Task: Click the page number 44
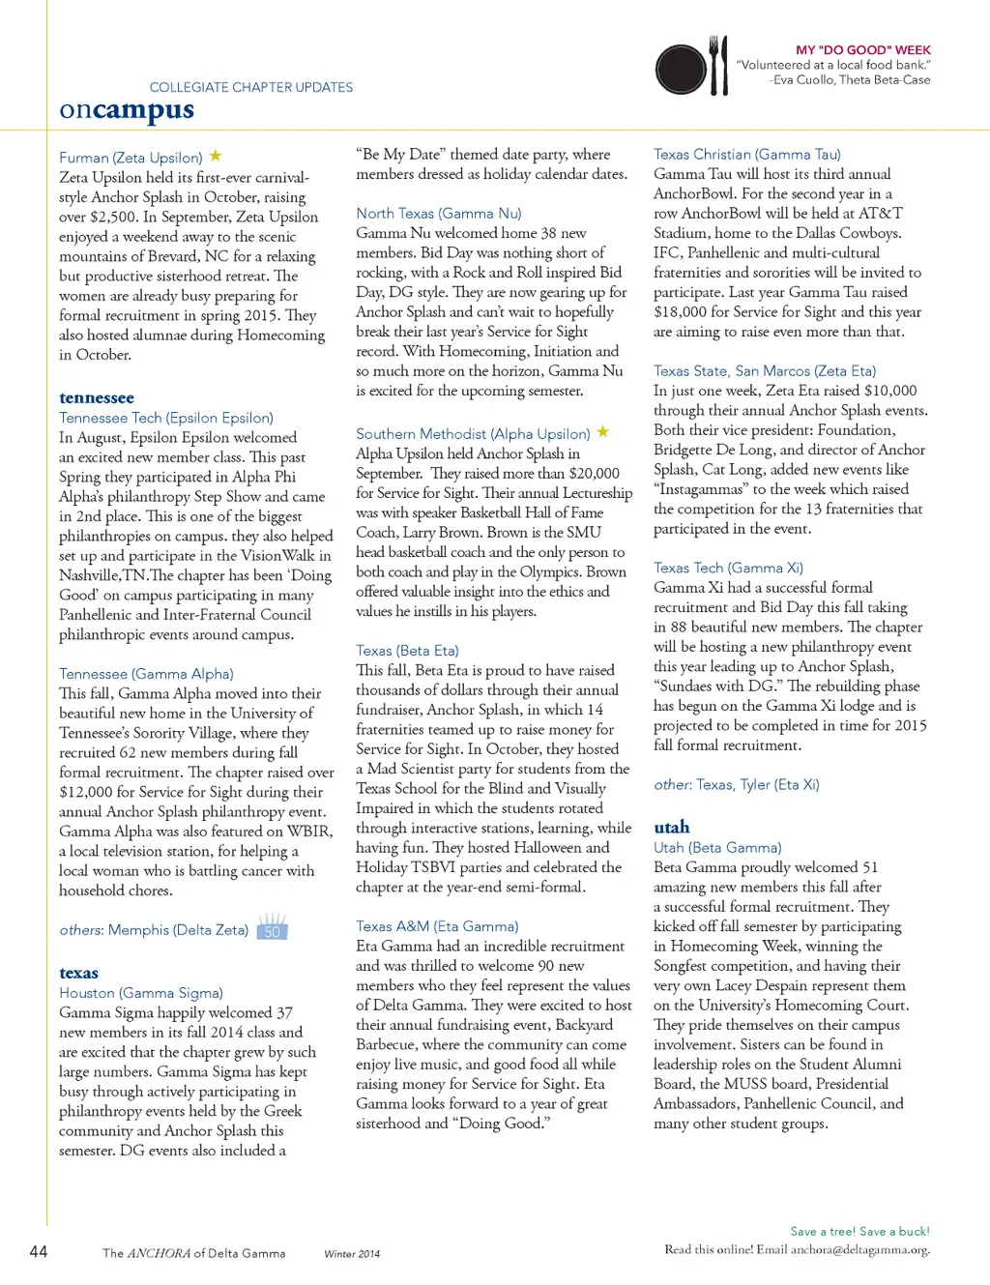coord(39,1251)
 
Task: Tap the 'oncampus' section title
coord(127,110)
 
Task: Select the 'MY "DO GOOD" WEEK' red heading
coord(862,49)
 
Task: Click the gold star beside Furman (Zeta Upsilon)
coord(216,156)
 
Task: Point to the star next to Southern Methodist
coord(602,432)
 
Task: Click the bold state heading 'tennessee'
coord(97,397)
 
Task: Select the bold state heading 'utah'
coord(672,827)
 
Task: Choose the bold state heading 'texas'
coord(78,973)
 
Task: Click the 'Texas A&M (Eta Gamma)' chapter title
coord(437,926)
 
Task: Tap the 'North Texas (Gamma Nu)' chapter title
coord(439,213)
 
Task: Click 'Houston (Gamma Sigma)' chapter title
coord(141,993)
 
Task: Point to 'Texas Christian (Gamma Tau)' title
coord(747,154)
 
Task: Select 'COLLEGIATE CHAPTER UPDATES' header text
coord(251,87)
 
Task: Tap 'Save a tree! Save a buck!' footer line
coord(859,1231)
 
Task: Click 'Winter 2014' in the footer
coord(352,1254)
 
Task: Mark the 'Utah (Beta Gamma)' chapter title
coord(717,848)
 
